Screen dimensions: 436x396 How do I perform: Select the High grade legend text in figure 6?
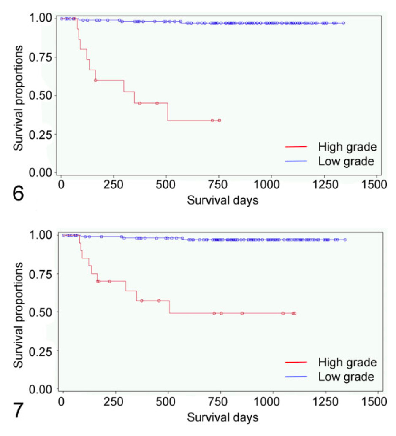pos(347,147)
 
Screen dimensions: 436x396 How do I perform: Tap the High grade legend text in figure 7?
pos(347,362)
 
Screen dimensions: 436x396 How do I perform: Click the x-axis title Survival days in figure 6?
pos(222,200)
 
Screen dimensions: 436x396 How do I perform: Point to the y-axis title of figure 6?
pos(17,96)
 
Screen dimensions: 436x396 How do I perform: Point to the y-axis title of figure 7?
pos(17,312)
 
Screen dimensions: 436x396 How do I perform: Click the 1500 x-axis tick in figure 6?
pos(375,185)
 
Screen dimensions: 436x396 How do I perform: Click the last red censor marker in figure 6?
pos(219,121)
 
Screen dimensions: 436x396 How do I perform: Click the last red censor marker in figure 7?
pos(294,313)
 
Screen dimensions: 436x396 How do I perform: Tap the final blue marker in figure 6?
pos(343,23)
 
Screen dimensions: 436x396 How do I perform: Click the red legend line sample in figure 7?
pos(298,362)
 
